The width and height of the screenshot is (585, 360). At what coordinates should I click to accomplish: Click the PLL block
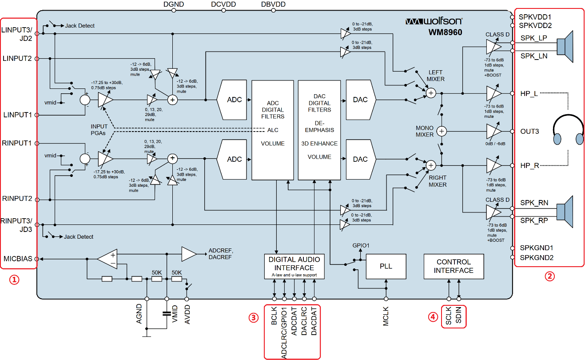(386, 266)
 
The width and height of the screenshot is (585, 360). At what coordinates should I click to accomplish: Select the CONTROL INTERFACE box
(454, 266)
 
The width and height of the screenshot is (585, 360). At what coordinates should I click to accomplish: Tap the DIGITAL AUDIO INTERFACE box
(294, 266)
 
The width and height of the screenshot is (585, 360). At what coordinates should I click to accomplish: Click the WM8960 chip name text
(446, 32)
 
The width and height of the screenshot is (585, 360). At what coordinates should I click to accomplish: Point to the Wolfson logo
(434, 21)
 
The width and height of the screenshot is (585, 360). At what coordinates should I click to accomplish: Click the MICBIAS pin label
(18, 259)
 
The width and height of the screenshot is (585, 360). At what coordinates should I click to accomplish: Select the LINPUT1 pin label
(17, 115)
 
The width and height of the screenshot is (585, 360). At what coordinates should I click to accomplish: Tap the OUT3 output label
(529, 132)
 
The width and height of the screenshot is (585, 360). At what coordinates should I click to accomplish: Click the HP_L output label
(529, 94)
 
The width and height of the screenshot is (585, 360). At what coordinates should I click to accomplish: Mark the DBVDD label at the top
(273, 4)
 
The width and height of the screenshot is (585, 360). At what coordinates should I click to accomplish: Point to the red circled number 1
(15, 280)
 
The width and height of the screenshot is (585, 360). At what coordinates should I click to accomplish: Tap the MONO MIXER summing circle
(442, 131)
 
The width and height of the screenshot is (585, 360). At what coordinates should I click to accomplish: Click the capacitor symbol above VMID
(167, 313)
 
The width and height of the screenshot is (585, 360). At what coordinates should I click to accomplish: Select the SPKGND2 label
(536, 257)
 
